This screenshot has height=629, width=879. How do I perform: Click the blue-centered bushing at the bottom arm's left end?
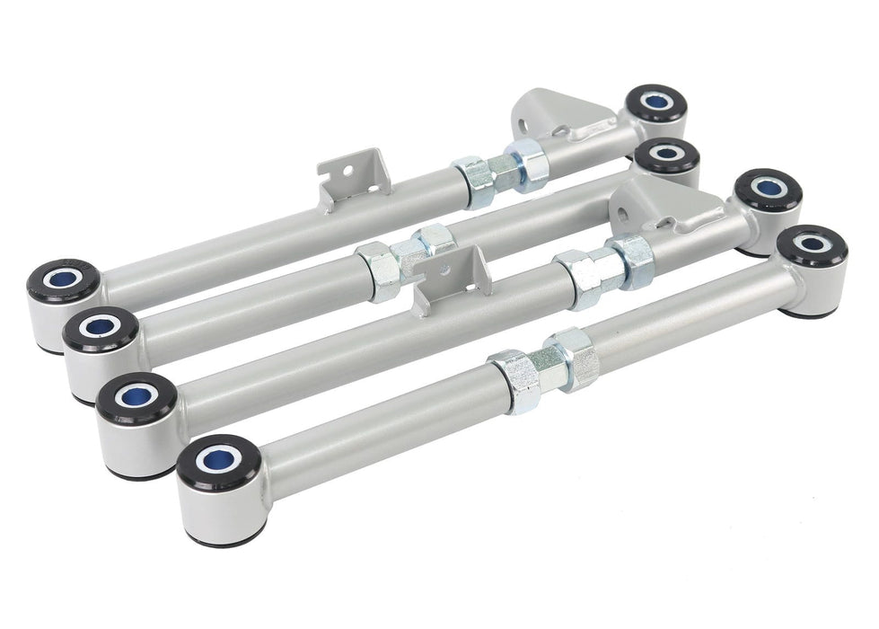tap(218, 462)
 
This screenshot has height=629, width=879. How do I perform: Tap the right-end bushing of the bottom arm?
tap(814, 245)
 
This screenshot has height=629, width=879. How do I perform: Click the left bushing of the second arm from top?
tap(100, 330)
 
